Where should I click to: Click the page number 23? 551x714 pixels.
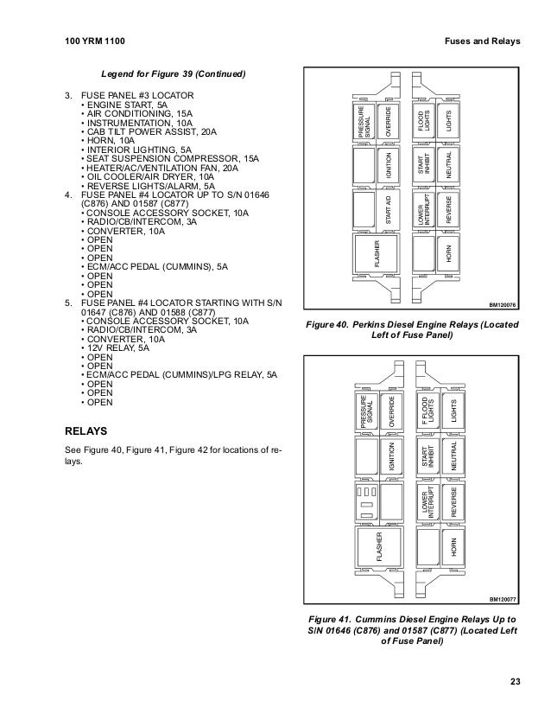[514, 684]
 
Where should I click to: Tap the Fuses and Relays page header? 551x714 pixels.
[480, 41]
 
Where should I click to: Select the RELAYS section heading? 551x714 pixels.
[92, 430]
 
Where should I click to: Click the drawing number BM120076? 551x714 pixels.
[501, 304]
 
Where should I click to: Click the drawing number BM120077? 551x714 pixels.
[501, 598]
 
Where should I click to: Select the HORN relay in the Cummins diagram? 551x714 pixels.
[449, 547]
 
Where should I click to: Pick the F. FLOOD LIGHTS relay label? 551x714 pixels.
[424, 409]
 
